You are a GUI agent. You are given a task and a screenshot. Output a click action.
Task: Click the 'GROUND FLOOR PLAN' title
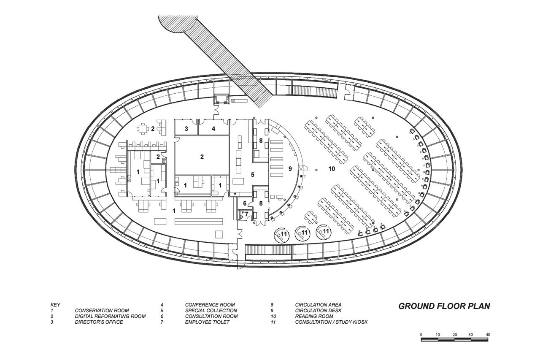pyautogui.click(x=444, y=306)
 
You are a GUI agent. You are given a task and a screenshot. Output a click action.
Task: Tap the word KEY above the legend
pyautogui.click(x=55, y=305)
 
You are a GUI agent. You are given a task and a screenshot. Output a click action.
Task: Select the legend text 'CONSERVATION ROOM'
pyautogui.click(x=102, y=311)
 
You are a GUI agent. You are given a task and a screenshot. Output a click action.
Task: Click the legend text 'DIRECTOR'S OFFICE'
pyautogui.click(x=99, y=322)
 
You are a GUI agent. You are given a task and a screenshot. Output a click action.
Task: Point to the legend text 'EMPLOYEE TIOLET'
pyautogui.click(x=207, y=322)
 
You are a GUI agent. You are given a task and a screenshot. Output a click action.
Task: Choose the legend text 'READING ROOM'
pyautogui.click(x=314, y=317)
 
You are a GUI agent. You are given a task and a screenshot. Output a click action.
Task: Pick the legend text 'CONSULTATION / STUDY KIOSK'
pyautogui.click(x=331, y=322)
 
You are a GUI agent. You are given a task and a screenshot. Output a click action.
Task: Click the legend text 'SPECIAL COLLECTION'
pyautogui.click(x=211, y=311)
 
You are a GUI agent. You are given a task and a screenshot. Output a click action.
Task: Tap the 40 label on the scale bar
pyautogui.click(x=488, y=335)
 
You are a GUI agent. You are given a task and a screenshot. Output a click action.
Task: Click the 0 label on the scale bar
pyautogui.click(x=421, y=335)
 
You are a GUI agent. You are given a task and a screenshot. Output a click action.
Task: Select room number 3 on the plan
pyautogui.click(x=186, y=129)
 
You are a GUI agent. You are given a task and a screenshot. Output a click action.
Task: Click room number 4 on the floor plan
pyautogui.click(x=213, y=129)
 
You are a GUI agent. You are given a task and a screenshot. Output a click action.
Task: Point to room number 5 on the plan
pyautogui.click(x=253, y=175)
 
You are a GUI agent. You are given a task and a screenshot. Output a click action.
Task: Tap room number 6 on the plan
pyautogui.click(x=245, y=203)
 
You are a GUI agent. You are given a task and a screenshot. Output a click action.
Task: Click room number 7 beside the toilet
pyautogui.click(x=246, y=214)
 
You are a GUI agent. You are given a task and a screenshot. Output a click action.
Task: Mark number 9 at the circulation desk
pyautogui.click(x=290, y=169)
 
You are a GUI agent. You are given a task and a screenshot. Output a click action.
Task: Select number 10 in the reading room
pyautogui.click(x=332, y=169)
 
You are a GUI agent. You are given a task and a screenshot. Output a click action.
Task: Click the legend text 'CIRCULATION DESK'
pyautogui.click(x=318, y=311)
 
